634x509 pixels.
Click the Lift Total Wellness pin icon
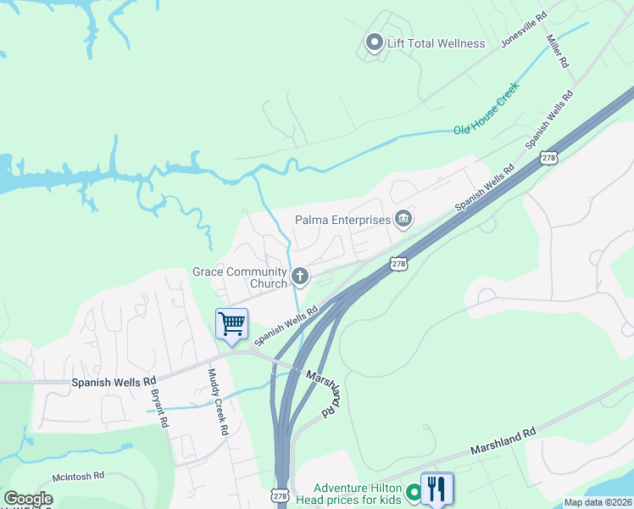374,42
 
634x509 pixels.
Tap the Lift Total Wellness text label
436,43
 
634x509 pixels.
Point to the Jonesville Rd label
524,29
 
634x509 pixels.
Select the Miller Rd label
558,52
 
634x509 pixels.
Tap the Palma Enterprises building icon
403,220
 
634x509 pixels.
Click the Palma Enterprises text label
342,220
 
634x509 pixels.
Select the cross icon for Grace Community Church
299,276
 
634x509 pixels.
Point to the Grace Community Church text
239,277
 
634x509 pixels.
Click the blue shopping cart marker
231,323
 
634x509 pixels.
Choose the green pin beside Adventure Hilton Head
414,492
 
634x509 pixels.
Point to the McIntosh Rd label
78,476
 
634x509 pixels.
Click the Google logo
28,499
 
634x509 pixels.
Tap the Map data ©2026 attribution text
598,502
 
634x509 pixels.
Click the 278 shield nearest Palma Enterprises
398,265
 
